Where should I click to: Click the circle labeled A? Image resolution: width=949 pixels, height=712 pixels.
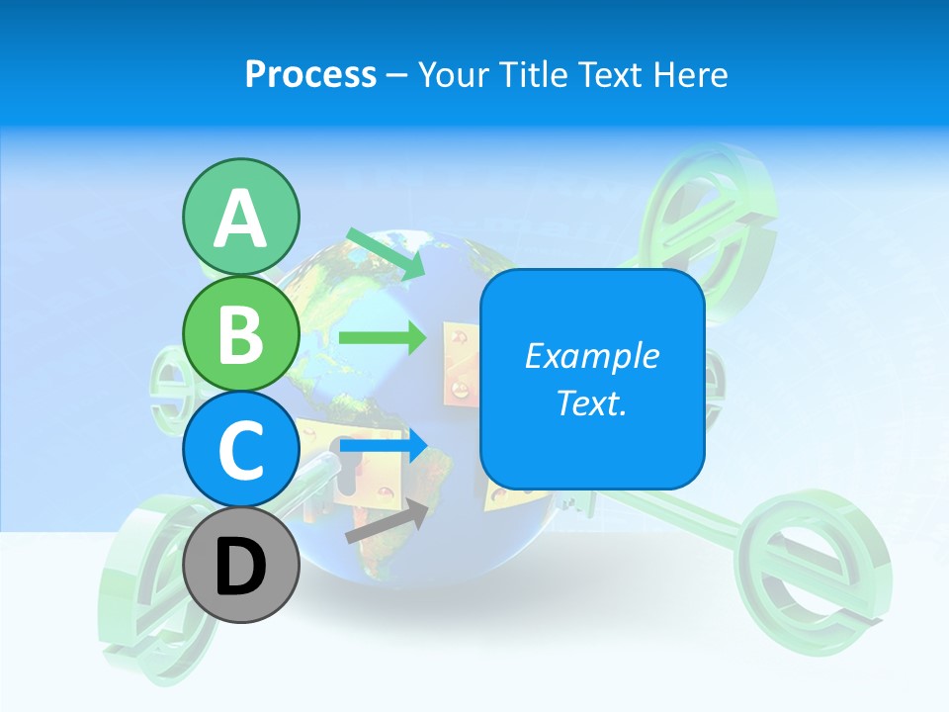click(240, 218)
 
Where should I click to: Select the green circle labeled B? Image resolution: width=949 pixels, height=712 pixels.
click(240, 334)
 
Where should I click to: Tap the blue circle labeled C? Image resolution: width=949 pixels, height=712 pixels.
click(240, 449)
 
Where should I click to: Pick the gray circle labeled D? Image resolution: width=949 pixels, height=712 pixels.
click(240, 565)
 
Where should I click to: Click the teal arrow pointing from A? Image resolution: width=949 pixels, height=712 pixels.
click(386, 253)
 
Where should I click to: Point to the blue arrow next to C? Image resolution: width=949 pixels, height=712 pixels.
click(384, 446)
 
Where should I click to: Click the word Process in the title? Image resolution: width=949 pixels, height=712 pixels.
click(310, 75)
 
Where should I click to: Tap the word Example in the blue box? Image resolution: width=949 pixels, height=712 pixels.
click(591, 356)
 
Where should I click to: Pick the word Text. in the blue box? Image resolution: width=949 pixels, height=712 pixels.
click(591, 402)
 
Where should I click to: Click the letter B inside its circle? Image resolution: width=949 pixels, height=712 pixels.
click(240, 334)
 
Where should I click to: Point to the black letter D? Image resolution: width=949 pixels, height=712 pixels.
click(240, 567)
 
